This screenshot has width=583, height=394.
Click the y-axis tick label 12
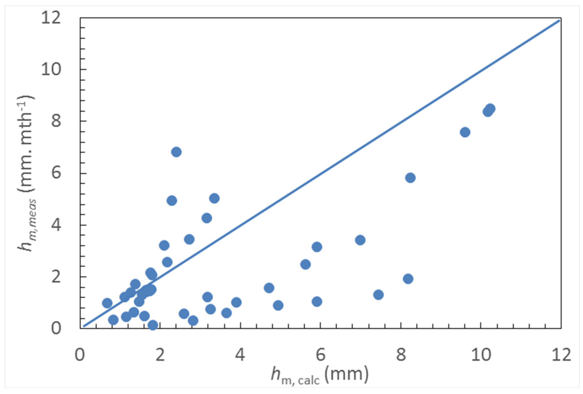(x=51, y=18)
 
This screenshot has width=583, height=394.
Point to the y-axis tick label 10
(x=51, y=70)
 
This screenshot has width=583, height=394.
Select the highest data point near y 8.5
(x=490, y=109)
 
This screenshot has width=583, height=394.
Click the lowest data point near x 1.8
(x=152, y=325)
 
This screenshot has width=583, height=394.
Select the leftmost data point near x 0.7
(x=107, y=303)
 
